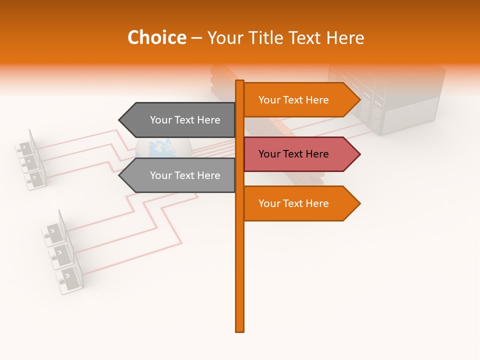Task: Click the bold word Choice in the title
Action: (156, 38)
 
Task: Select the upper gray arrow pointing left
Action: (180, 120)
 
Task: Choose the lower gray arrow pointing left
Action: (180, 175)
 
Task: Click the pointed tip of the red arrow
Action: (359, 154)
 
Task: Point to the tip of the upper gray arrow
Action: (120, 120)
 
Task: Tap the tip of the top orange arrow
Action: (359, 100)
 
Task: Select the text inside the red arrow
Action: (293, 154)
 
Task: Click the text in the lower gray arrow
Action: (185, 175)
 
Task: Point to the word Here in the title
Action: (344, 38)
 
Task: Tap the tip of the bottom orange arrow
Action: (359, 203)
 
